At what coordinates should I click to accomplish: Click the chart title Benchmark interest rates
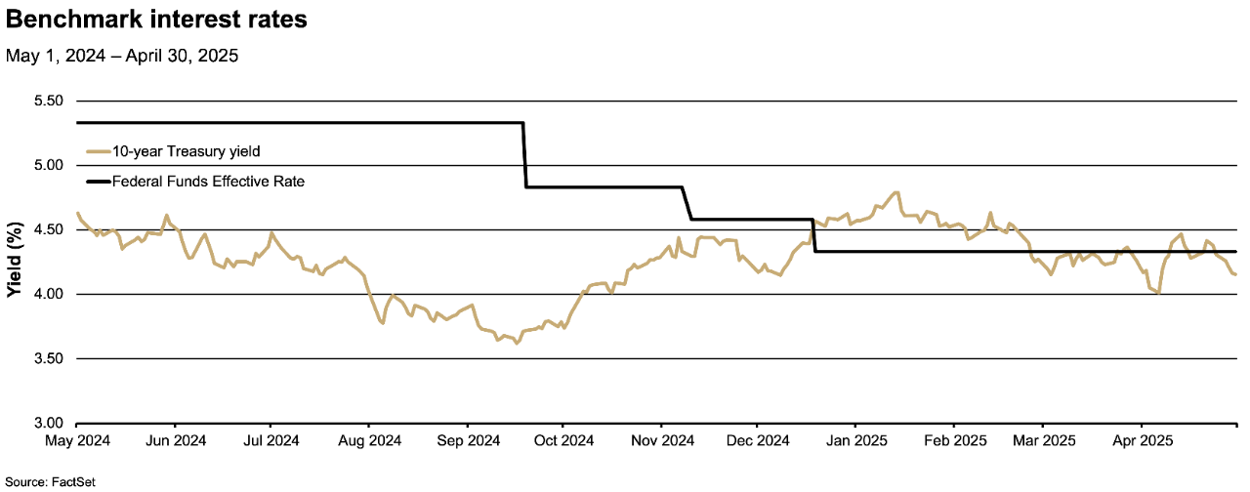pos(156,20)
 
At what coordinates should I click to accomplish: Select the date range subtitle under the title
pos(122,57)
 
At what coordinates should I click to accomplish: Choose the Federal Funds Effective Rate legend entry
pos(208,181)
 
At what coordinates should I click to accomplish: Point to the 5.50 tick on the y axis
pos(48,102)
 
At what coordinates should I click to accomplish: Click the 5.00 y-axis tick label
pos(48,166)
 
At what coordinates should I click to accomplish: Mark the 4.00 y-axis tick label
pos(48,295)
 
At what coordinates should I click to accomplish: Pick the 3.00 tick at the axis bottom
pos(48,424)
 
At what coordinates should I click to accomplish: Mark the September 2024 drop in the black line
pos(525,154)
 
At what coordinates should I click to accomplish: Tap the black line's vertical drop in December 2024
pos(813,235)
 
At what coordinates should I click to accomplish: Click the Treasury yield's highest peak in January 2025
pos(896,192)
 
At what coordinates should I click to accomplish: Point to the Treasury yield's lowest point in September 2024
pos(517,344)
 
